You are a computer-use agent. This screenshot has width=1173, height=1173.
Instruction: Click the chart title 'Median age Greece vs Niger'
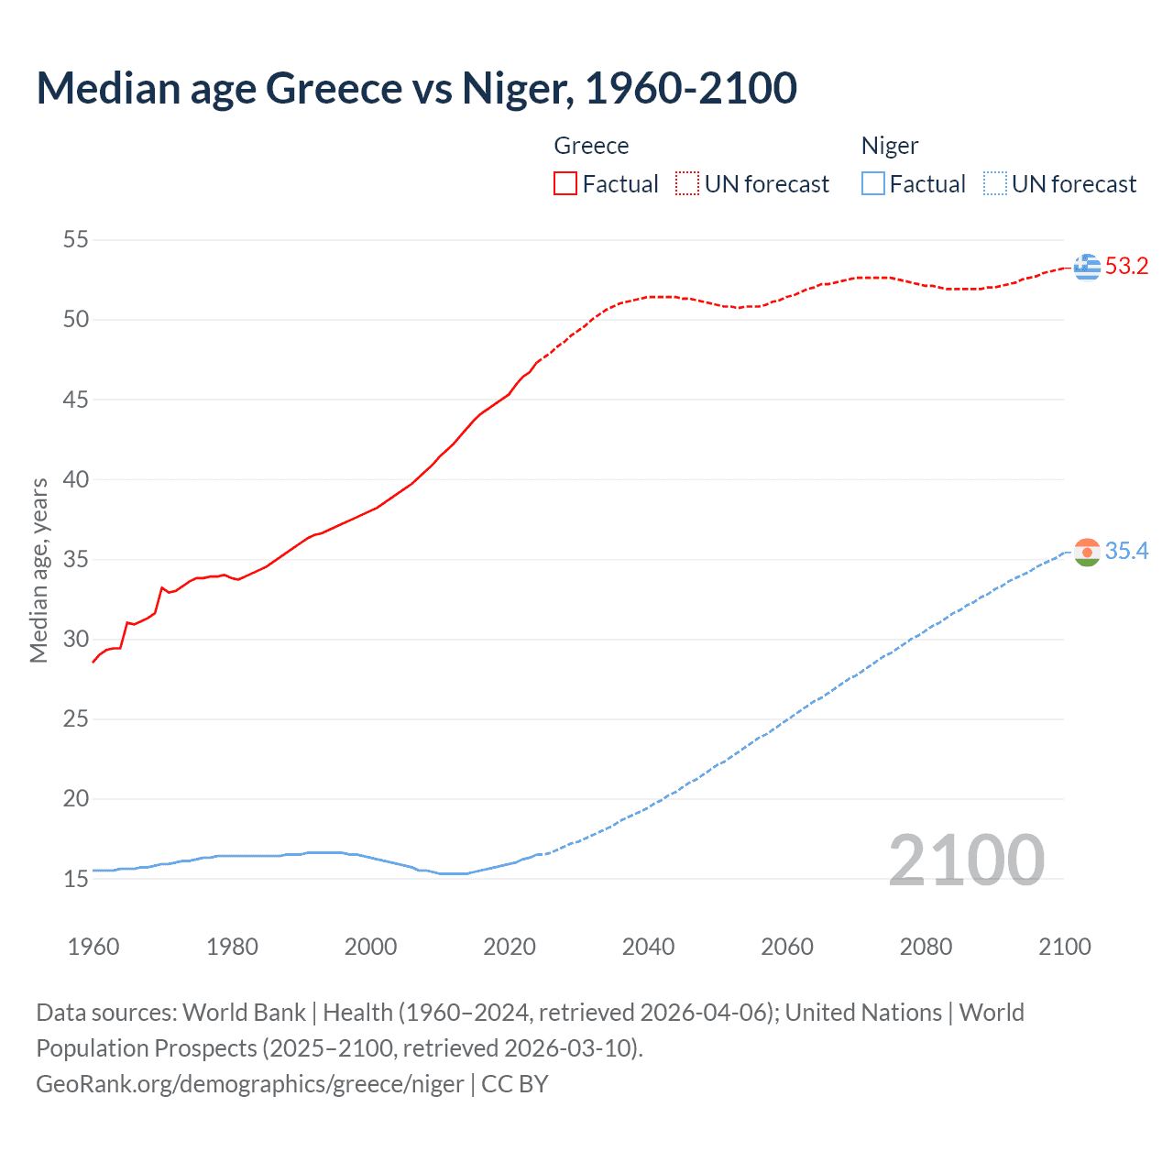tap(416, 89)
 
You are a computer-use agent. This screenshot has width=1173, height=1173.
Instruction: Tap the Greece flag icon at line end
tap(1087, 267)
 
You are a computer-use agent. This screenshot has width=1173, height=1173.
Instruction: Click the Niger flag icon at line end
tap(1087, 552)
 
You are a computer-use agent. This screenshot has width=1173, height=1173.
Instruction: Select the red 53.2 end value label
tap(1126, 267)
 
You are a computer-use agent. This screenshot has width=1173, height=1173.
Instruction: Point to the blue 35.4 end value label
tap(1126, 552)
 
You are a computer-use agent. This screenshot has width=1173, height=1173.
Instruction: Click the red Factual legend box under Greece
tap(565, 184)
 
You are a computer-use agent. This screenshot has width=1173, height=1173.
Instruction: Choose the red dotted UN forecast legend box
tap(687, 184)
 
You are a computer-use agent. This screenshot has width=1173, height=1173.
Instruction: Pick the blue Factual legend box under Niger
tap(873, 184)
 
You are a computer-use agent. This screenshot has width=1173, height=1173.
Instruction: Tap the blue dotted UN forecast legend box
tap(995, 184)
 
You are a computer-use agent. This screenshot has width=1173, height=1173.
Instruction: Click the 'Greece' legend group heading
tap(591, 146)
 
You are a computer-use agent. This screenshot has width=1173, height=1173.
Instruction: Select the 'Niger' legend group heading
tap(889, 146)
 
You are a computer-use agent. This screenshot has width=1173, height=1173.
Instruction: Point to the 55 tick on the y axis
tap(76, 240)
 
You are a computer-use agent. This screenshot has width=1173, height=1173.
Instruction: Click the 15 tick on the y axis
tap(76, 879)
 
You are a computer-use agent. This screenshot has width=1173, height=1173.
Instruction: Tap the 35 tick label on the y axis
tap(76, 559)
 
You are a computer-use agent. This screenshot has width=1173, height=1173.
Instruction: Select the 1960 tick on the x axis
tap(93, 947)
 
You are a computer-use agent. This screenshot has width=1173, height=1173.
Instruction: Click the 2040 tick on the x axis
tap(648, 947)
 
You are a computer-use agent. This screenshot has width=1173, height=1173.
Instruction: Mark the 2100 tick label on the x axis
tap(1064, 947)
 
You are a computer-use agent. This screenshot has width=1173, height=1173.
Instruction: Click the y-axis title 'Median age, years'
tap(38, 570)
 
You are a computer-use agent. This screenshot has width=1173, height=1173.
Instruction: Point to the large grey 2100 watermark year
tap(966, 861)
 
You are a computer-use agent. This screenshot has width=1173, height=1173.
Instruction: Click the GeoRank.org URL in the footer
tap(250, 1084)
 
